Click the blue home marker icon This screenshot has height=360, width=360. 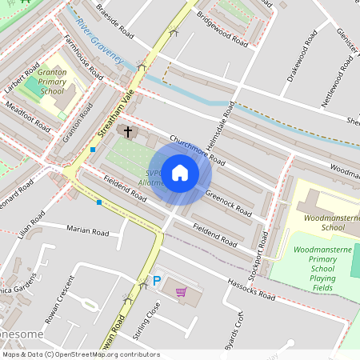tap(180, 173)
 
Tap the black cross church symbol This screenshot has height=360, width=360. tap(127, 130)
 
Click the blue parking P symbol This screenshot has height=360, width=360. tap(157, 281)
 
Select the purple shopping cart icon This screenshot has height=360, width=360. tap(181, 292)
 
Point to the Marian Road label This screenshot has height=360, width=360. tap(87, 232)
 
